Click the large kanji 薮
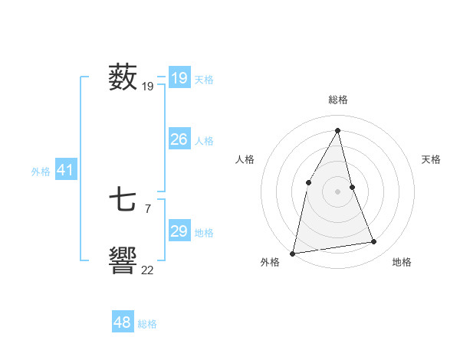coord(123,77)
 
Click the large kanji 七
coord(123,201)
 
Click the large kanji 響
coord(123,260)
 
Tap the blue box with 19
coord(179,78)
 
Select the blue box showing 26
coord(179,139)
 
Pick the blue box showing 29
coord(179,231)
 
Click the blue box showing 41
coord(65,170)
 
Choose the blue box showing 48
coord(122,322)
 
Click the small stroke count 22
coord(147,270)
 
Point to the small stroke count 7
coord(147,208)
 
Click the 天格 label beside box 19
coord(204,79)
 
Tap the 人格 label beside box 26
coord(204,141)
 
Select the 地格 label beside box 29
coord(204,233)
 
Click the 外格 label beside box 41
coord(41,172)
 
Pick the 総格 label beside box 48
coord(147,324)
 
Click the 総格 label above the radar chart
coord(337,100)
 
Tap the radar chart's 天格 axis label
coord(432,159)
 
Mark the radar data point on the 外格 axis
coord(292,253)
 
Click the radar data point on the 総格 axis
coord(337,131)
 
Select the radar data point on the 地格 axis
coord(374,242)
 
